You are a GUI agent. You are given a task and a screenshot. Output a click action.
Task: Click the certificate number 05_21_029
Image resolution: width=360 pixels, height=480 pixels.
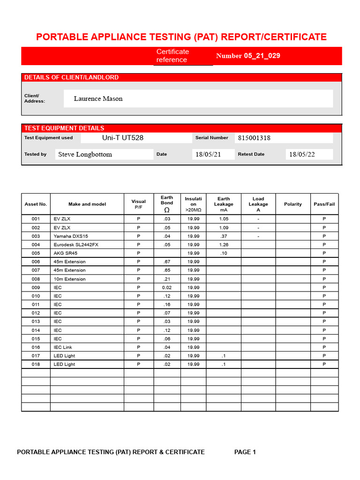[x=262, y=56]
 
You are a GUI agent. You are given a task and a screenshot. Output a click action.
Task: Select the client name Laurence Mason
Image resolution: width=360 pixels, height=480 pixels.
[x=98, y=98]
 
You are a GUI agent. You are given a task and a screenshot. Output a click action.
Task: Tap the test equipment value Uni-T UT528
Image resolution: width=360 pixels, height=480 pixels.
[x=123, y=138]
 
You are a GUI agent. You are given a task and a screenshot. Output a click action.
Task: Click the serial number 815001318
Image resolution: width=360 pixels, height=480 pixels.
[x=254, y=138]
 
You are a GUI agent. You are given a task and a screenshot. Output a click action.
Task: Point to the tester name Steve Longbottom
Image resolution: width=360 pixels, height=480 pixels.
[x=85, y=154]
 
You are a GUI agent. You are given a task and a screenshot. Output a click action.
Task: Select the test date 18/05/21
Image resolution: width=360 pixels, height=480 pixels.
[x=208, y=154]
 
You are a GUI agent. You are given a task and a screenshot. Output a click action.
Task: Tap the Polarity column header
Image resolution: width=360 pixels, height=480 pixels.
[x=293, y=204]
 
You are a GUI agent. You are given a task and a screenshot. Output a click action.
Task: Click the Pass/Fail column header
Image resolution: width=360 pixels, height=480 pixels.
[x=324, y=204]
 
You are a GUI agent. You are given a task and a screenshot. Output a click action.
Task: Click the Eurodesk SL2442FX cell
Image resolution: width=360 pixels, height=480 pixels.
[x=76, y=245]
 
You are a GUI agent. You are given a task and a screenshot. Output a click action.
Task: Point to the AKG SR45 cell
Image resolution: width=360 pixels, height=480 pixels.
[x=65, y=253]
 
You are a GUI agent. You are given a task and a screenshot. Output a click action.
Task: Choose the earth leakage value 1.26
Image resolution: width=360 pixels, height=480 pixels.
[x=224, y=245]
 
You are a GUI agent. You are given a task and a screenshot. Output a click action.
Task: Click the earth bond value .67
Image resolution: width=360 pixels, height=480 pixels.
[x=167, y=262]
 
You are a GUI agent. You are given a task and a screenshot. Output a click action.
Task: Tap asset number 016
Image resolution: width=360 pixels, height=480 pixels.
[x=36, y=347]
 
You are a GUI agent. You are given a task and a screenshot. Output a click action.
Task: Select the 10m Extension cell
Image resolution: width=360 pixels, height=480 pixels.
[x=69, y=279]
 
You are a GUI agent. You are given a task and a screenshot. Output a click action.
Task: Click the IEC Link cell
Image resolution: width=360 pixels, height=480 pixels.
[x=63, y=347]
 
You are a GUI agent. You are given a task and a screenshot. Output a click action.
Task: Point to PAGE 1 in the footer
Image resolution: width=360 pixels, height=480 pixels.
[x=245, y=452]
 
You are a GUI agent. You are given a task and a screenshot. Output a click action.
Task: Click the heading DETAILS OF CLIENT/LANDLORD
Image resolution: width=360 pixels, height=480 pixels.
[x=71, y=77]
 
